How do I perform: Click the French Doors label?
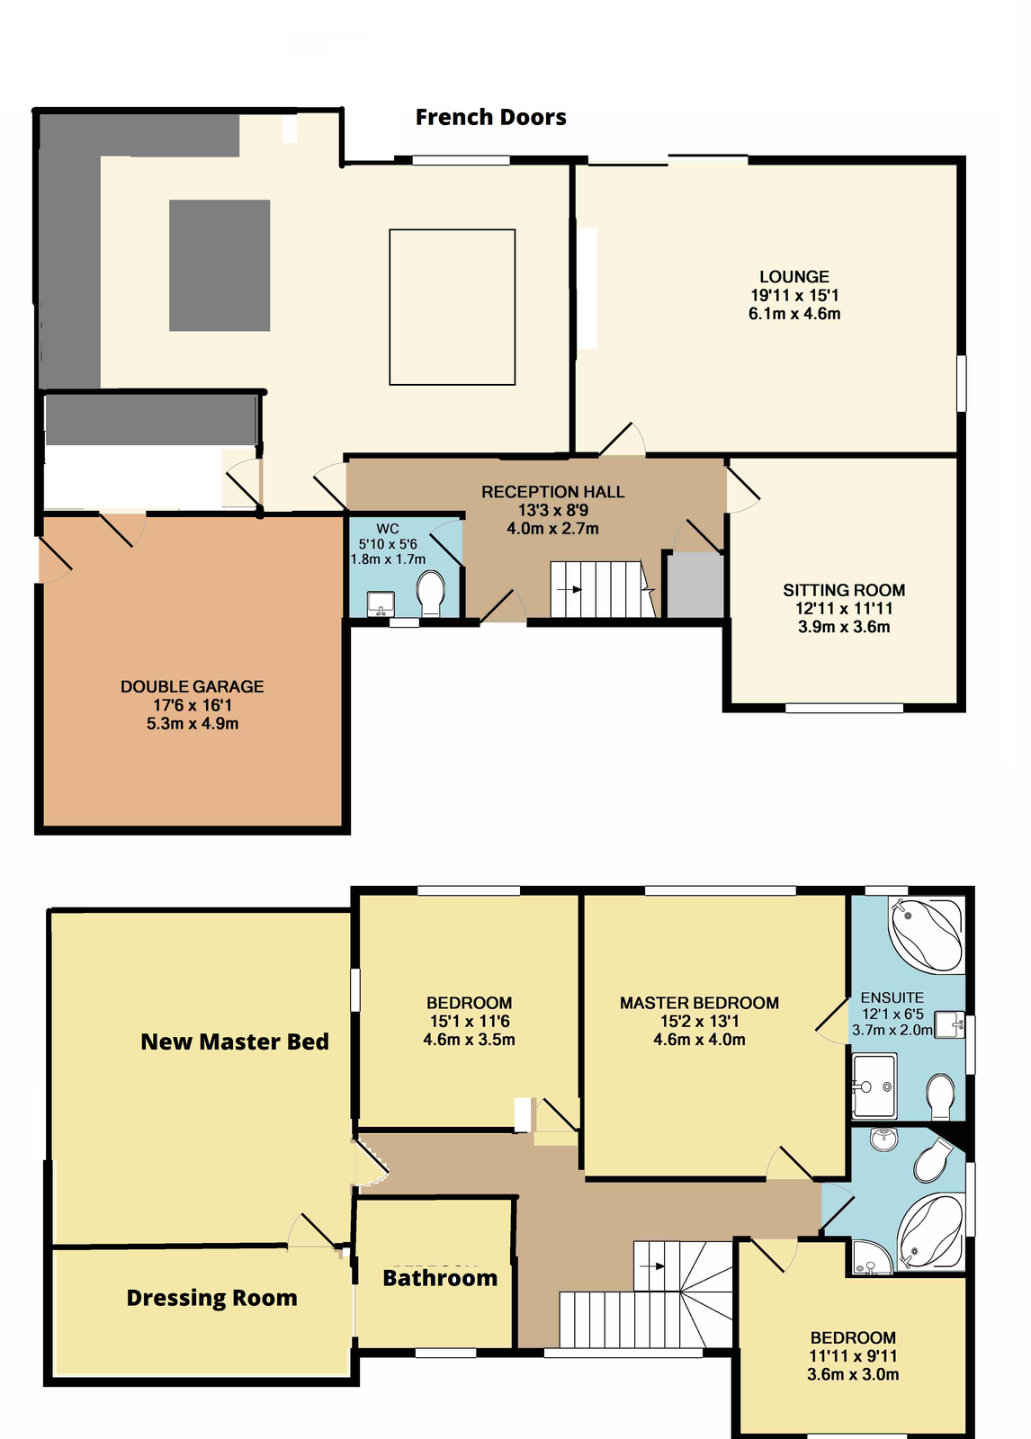pyautogui.click(x=490, y=117)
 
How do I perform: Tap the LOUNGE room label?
pyautogui.click(x=793, y=277)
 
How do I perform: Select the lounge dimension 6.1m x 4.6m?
pyautogui.click(x=794, y=314)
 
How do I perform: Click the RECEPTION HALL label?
pyautogui.click(x=552, y=492)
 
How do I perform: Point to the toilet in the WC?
pyautogui.click(x=431, y=594)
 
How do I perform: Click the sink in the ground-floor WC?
pyautogui.click(x=381, y=603)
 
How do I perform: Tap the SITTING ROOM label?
pyautogui.click(x=843, y=590)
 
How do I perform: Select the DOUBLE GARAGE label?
pyautogui.click(x=193, y=686)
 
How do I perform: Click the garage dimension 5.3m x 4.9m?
pyautogui.click(x=193, y=723)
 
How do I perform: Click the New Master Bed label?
pyautogui.click(x=235, y=1041)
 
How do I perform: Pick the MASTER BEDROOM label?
pyautogui.click(x=699, y=1003)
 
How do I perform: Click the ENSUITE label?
pyautogui.click(x=892, y=997)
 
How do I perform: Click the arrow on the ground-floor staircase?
pyautogui.click(x=569, y=589)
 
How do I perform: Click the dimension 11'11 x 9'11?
pyautogui.click(x=853, y=1356)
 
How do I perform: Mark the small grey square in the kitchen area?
pyautogui.click(x=220, y=265)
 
